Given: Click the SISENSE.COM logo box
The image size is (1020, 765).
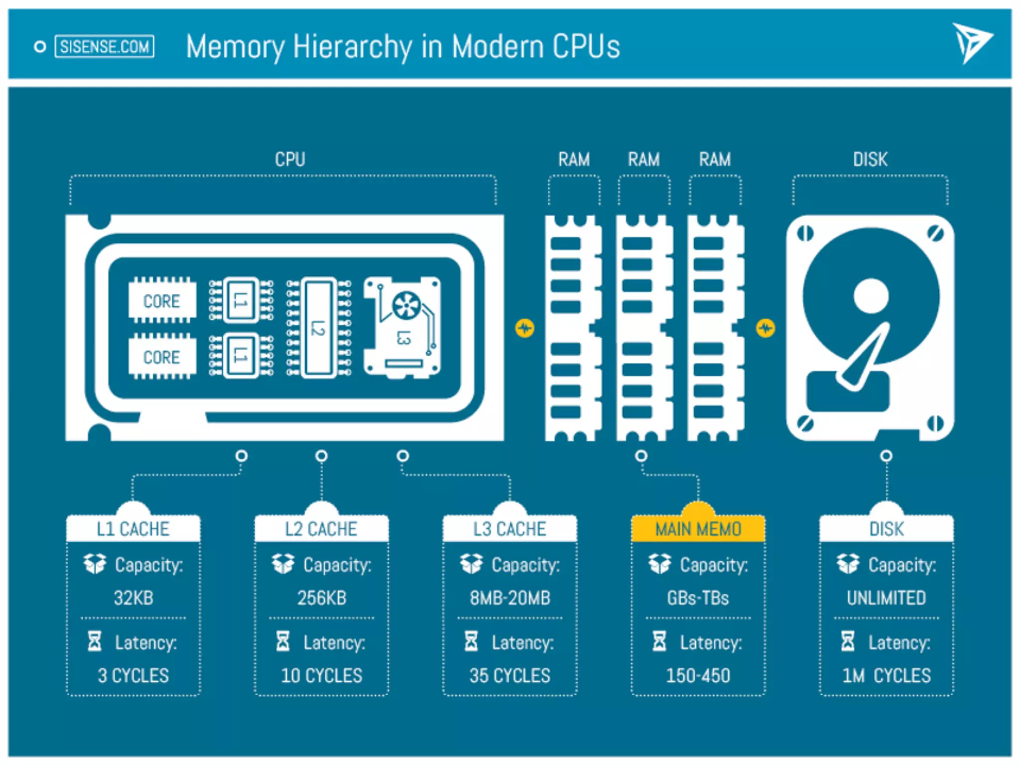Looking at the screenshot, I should pos(104,47).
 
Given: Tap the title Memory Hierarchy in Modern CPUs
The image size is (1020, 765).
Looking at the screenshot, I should pos(402,47).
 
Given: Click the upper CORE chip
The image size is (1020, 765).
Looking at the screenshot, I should pos(162,301).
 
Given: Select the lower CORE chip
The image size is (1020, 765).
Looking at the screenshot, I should pos(162,357).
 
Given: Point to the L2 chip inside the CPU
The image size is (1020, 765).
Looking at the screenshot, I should pos(319,327).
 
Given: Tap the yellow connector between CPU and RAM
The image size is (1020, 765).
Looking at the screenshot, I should pos(524,328).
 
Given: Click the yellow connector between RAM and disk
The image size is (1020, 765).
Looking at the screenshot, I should pos(765,328).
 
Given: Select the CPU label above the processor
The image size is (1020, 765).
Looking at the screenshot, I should pos(290,159).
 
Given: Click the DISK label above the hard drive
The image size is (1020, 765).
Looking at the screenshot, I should pos(870,159).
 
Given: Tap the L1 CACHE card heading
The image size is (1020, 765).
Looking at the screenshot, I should pos(133,529).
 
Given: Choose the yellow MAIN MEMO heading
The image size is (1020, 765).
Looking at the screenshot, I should pos(698,529).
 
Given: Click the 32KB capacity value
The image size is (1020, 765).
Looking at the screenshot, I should pos(133,598).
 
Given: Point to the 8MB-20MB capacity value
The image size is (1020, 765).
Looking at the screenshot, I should pos(510,598).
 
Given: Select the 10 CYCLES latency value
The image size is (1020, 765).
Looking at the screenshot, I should pos(322,675).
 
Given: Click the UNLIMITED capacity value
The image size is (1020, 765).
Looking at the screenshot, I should pos(887,598).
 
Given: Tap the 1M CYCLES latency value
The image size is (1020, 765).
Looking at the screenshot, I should pos(887,675).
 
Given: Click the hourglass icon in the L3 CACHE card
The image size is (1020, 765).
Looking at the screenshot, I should pos(471,641).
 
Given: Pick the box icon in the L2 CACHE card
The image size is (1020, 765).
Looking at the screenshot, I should pos(283,564).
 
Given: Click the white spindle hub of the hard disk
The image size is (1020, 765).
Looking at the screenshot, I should pos(871,296).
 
